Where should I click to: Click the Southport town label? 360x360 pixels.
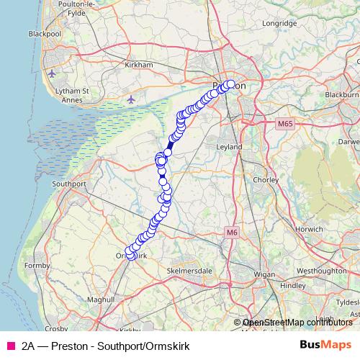70,184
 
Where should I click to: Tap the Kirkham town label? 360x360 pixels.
139,65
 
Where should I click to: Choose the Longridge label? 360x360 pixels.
280,23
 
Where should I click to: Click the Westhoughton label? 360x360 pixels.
316,271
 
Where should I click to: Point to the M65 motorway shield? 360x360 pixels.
286,125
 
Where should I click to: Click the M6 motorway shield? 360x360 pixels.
230,232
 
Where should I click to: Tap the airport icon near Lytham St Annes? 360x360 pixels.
51,73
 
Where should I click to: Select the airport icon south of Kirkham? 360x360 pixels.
130,99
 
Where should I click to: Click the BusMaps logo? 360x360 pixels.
325,346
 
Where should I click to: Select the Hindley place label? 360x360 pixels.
293,285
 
